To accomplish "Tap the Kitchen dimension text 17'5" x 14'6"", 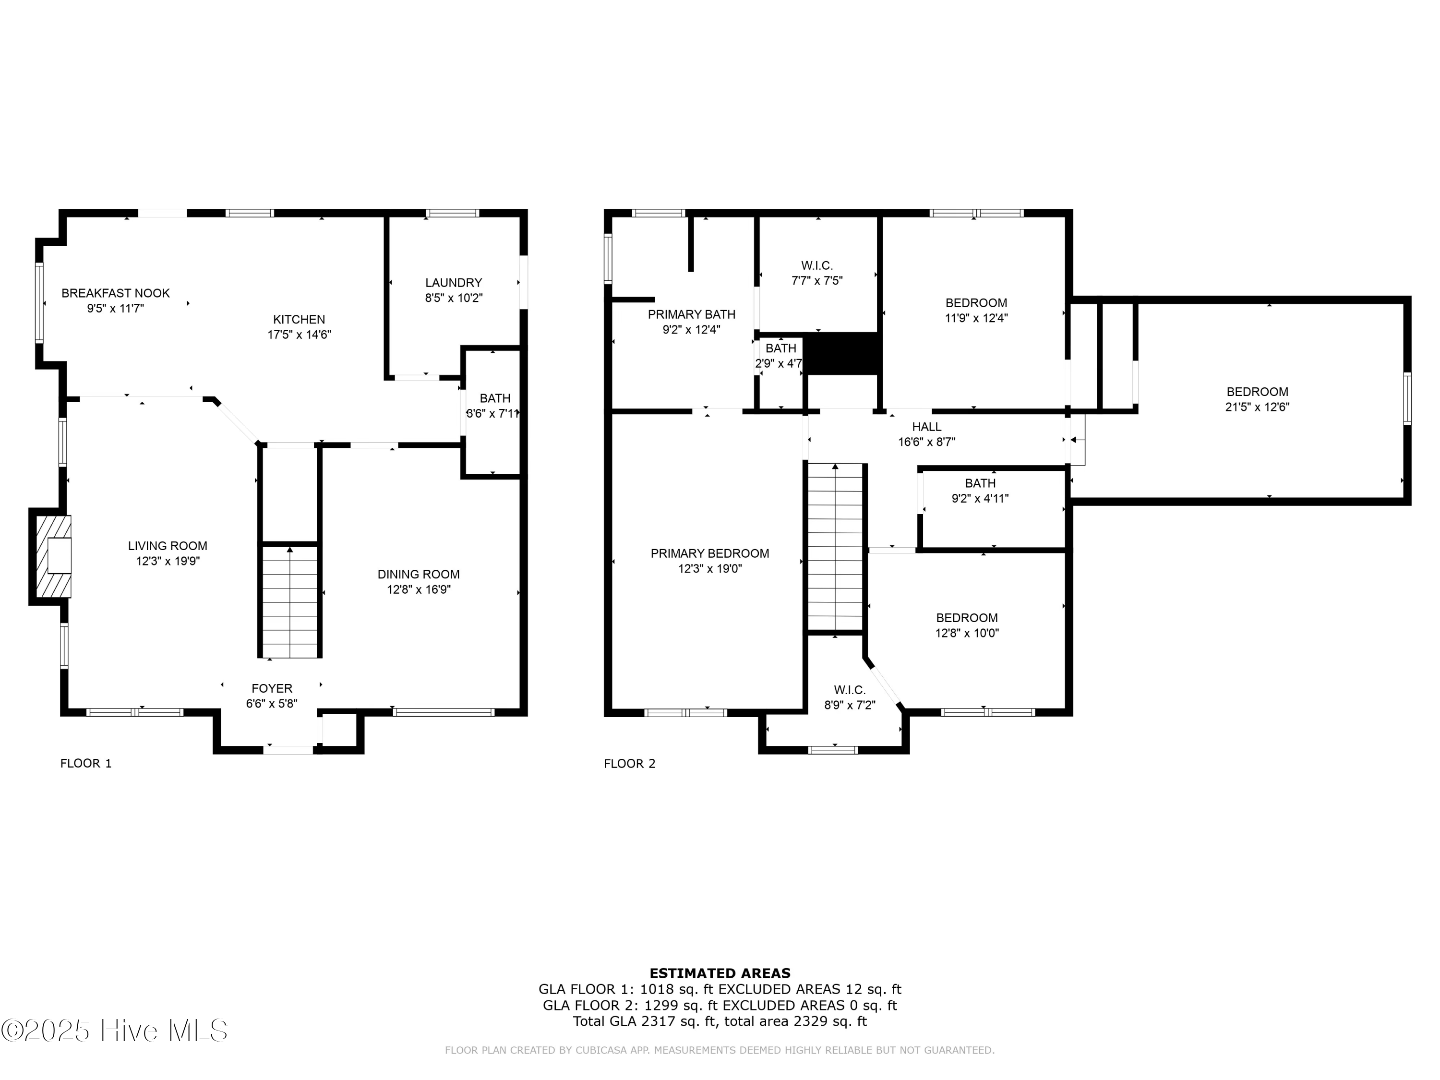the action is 300,335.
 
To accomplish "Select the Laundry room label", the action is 454,283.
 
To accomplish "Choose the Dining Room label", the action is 419,574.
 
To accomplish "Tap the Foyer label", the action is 272,688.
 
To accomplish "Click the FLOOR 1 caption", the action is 86,763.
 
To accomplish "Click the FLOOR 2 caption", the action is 629,764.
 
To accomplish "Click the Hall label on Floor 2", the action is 926,426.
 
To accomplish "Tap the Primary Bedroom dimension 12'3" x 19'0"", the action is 709,568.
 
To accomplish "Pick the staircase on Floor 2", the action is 836,547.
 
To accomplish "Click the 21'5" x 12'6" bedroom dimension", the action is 1257,407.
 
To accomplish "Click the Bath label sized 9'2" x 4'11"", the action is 980,483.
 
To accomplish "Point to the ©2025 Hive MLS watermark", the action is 115,1031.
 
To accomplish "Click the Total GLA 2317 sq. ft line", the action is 720,1021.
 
